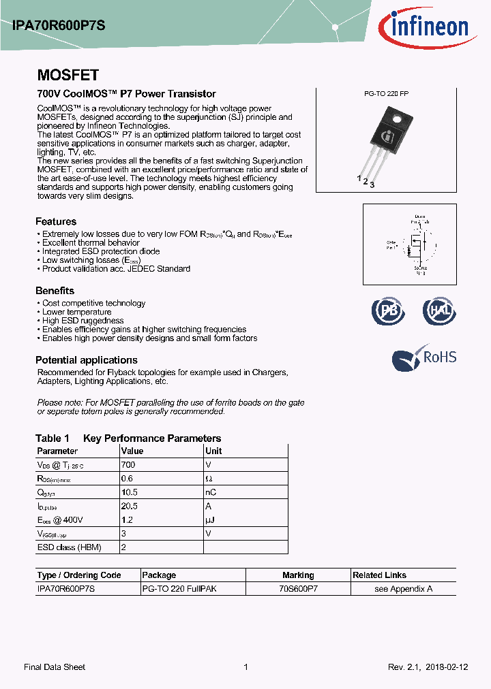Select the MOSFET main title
point(68,76)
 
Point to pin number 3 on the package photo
point(372,185)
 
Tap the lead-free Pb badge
point(389,311)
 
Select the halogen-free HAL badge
point(438,311)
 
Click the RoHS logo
point(424,358)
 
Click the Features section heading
point(56,221)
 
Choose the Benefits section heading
point(55,291)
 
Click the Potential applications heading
point(87,360)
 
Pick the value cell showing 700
point(128,464)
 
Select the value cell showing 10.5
point(130,492)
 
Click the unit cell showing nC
point(211,492)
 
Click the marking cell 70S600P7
point(298,589)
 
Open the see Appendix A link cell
point(403,589)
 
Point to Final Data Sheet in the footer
point(55,667)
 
